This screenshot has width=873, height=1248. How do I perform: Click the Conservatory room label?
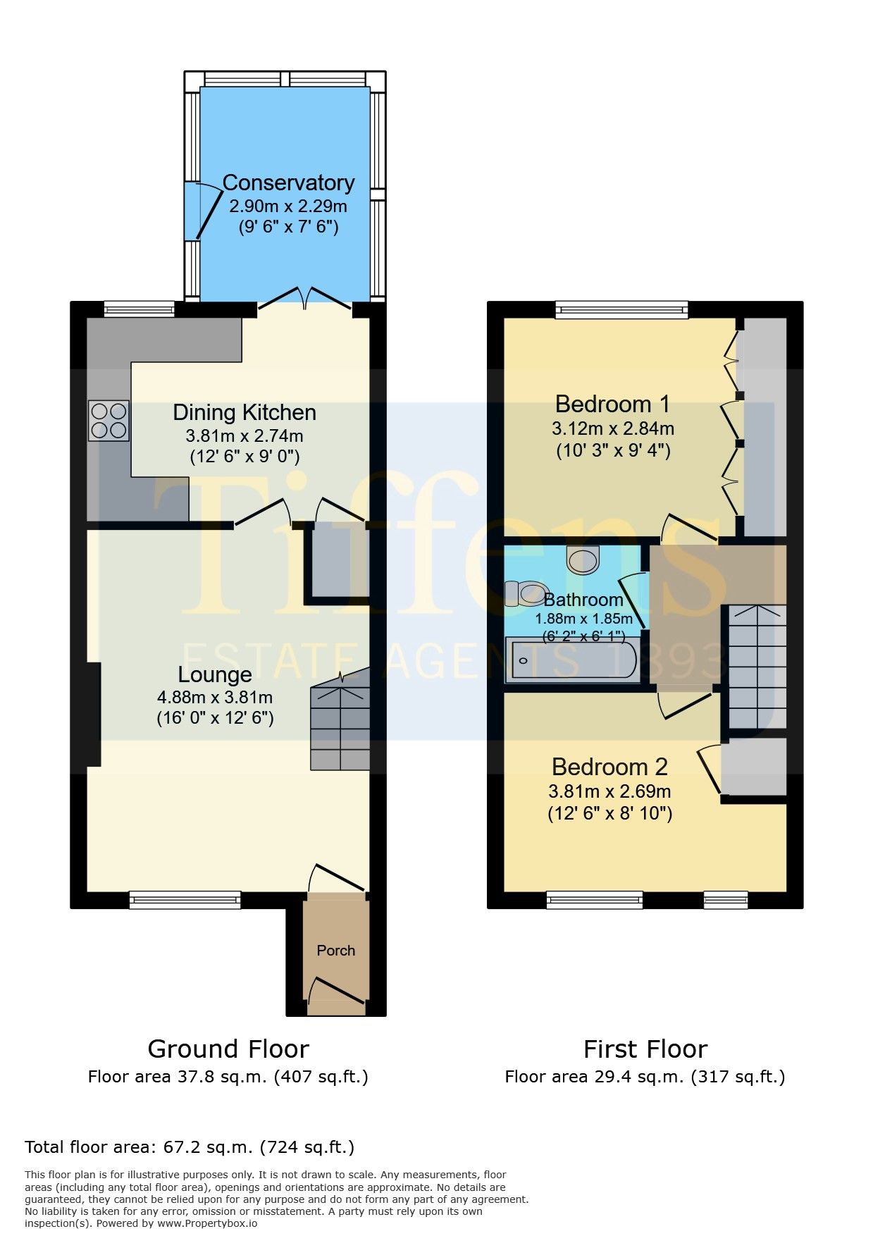[x=288, y=183]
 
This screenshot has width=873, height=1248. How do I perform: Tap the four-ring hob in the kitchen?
[x=109, y=421]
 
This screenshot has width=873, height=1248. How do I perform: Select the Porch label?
[x=336, y=951]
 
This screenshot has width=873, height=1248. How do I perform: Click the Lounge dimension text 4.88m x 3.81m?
[x=215, y=698]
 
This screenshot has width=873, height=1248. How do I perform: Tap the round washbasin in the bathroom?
[x=583, y=560]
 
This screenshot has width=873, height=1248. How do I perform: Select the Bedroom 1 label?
[x=612, y=404]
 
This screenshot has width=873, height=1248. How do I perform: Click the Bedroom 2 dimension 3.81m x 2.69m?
[x=609, y=791]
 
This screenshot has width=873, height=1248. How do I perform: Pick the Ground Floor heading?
[x=228, y=1049]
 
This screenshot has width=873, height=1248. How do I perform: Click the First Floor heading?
[x=645, y=1049]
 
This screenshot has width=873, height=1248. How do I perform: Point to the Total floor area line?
[x=190, y=1147]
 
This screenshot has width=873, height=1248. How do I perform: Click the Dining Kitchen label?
[x=244, y=412]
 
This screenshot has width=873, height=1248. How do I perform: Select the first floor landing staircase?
[x=757, y=666]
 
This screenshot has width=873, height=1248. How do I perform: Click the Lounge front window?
[x=185, y=899]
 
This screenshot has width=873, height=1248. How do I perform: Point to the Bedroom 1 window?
[x=621, y=309]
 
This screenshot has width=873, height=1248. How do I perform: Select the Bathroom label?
[x=583, y=600]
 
